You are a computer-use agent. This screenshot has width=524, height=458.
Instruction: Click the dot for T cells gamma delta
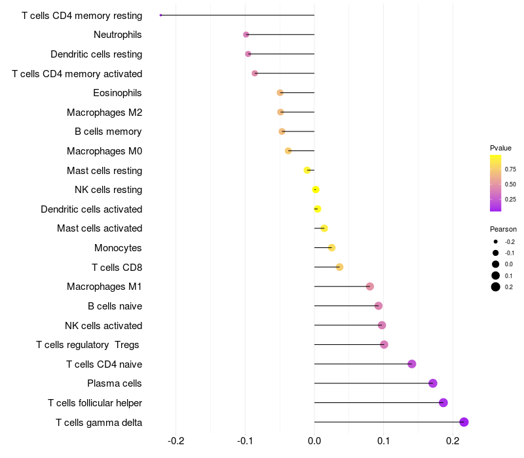point(464,422)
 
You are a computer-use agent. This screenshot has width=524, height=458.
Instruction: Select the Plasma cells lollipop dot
point(433,383)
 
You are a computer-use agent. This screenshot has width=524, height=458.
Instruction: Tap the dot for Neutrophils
point(246,35)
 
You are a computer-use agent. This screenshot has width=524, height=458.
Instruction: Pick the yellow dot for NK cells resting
point(316,190)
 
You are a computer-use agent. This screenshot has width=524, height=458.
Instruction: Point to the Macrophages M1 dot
point(370,287)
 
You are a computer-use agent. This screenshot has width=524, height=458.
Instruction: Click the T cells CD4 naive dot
point(412,364)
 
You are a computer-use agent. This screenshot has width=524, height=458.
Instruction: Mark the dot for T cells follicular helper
point(443,403)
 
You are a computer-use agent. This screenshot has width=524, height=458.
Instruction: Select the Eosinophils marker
point(280,93)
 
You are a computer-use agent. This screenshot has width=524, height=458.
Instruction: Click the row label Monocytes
point(118,248)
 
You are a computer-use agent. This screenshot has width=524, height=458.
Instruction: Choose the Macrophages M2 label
point(104,113)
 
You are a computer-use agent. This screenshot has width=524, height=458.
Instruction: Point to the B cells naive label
point(115,306)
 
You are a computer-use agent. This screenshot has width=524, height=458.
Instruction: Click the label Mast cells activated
point(100,228)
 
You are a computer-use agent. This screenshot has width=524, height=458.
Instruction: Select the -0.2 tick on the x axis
point(176,441)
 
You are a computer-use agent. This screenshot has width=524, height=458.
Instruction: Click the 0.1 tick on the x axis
point(384,441)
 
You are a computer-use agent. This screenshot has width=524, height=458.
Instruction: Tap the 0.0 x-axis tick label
point(314,441)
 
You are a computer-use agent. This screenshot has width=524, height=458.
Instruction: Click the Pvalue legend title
point(500,148)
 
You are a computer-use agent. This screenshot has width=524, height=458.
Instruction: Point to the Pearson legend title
point(503,230)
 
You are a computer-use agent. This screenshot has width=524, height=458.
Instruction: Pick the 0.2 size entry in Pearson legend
point(509,287)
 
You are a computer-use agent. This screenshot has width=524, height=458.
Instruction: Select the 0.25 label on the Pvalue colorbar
point(510,200)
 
